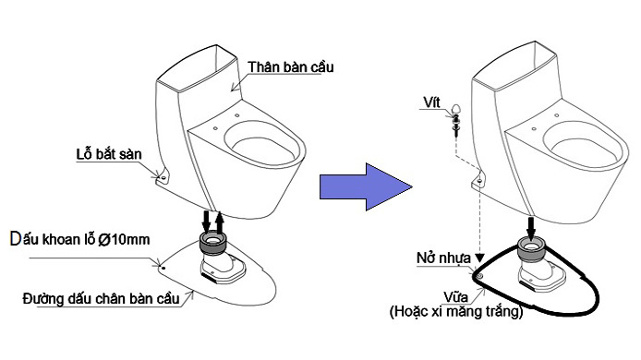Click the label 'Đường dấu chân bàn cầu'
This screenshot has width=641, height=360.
(101, 297)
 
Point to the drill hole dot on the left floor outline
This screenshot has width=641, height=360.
(163, 269)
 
